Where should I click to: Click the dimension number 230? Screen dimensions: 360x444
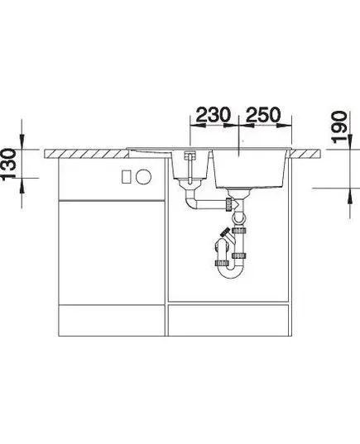[214, 115]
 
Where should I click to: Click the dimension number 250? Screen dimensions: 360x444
[263, 115]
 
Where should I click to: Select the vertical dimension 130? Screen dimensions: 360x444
[9, 164]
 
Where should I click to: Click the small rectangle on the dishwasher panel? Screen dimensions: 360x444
[126, 177]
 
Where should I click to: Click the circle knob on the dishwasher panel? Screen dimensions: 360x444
[143, 177]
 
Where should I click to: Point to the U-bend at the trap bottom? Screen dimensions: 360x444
[230, 272]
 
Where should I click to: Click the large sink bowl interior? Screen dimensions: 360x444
[249, 169]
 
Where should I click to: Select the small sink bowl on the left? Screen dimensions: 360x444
[190, 165]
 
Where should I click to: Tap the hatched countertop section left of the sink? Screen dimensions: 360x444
[86, 154]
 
